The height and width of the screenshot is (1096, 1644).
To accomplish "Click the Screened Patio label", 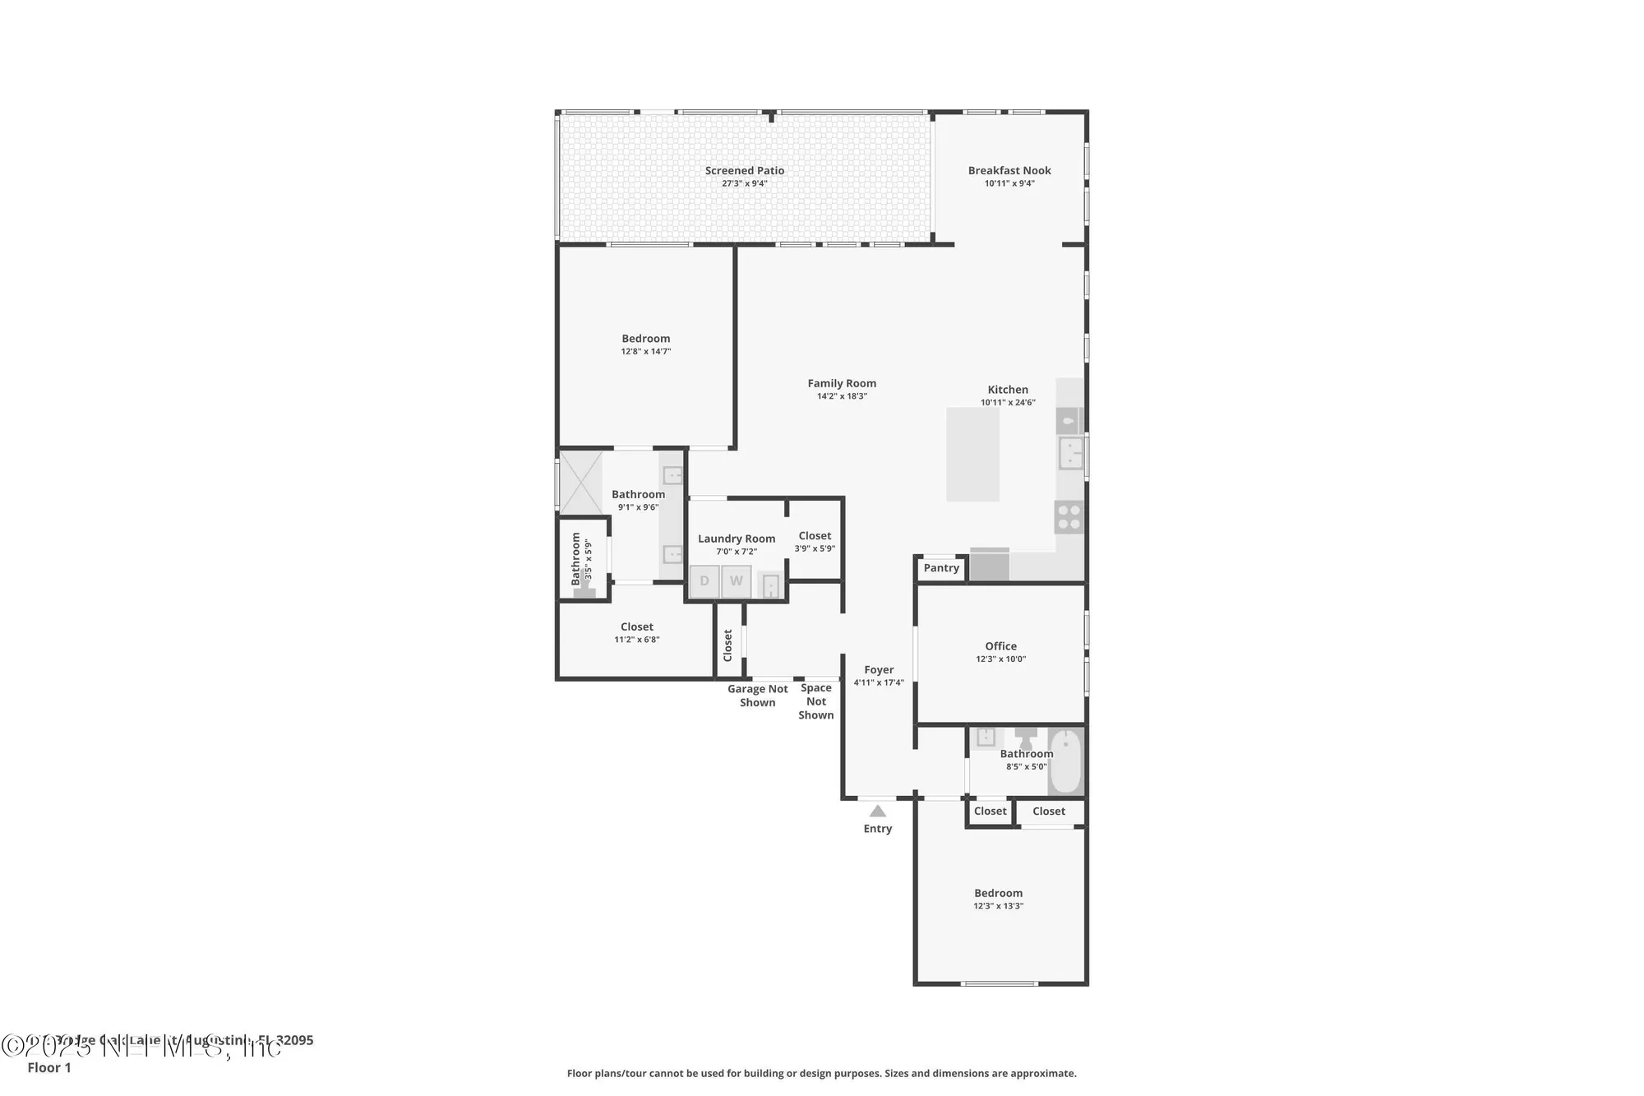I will [x=744, y=171].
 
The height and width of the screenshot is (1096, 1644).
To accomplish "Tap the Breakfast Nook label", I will [x=1009, y=171].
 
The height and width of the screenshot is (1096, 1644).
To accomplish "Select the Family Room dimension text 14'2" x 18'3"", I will [x=842, y=396].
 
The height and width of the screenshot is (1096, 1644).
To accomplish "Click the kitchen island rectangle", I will [x=972, y=455].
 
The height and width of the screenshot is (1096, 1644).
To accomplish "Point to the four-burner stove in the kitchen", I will [x=1069, y=518].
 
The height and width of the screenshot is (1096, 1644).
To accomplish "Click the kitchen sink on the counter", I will [x=1070, y=453].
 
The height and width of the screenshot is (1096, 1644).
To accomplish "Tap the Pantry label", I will [x=940, y=568].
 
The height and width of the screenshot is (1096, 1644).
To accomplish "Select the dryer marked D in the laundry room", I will [x=704, y=581].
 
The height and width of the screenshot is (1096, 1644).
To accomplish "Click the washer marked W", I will [x=737, y=581].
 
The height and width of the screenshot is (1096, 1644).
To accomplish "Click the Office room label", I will [x=1000, y=646].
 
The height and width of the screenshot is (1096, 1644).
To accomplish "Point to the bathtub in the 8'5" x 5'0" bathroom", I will [x=1065, y=761].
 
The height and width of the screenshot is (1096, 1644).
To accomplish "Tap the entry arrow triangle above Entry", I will [x=878, y=812].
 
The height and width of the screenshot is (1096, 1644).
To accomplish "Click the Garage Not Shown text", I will [x=757, y=696].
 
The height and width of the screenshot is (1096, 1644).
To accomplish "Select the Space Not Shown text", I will [x=815, y=701].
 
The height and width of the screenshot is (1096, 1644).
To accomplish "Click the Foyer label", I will [x=879, y=670].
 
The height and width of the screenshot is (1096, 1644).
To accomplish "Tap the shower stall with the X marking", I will [x=581, y=483].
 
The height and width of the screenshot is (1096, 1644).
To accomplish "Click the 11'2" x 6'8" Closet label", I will [x=637, y=627].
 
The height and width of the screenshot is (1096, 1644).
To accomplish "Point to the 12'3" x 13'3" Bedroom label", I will [x=998, y=894].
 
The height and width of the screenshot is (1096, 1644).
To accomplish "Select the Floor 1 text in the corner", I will [x=49, y=1067].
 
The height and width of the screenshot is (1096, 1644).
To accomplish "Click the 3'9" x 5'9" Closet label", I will [x=815, y=536].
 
